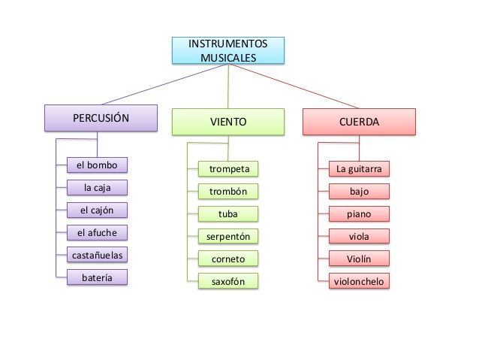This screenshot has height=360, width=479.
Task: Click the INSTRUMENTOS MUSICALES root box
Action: (228, 50)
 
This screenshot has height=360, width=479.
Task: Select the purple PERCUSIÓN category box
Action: (101, 118)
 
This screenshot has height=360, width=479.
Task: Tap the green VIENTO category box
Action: (228, 122)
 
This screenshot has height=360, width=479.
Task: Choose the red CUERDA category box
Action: (359, 122)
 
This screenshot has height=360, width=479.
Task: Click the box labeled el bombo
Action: (97, 165)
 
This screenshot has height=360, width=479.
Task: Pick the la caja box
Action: (97, 187)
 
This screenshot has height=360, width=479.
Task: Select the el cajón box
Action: (97, 210)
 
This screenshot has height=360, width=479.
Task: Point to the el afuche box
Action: (97, 233)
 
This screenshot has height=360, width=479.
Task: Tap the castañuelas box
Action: (97, 255)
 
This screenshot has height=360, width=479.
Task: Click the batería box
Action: (97, 277)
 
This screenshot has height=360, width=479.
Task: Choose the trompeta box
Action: (228, 169)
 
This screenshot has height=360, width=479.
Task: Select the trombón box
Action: (228, 192)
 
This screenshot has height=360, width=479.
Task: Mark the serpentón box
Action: (228, 236)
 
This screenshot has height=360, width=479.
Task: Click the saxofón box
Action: (228, 281)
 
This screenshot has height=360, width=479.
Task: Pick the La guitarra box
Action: (359, 169)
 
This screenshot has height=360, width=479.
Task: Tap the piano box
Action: (359, 213)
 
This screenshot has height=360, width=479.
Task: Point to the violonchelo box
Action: (359, 281)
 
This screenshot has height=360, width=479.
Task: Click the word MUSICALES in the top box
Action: (228, 58)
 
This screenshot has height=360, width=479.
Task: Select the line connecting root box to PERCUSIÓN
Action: (165, 84)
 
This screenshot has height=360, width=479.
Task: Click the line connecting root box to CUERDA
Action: (294, 86)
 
